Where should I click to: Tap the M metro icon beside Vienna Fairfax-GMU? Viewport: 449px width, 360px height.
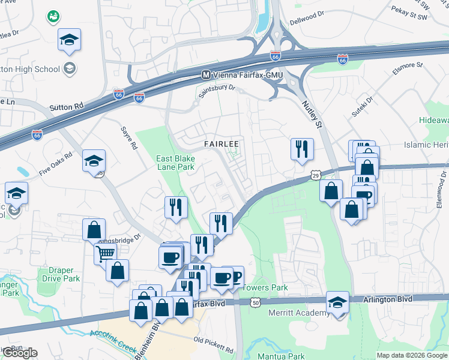(x=206, y=74)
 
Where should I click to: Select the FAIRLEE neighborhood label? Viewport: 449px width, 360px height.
(x=221, y=144)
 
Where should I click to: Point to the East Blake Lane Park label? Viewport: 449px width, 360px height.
(x=175, y=163)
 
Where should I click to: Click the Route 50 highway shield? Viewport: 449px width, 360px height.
(x=256, y=302)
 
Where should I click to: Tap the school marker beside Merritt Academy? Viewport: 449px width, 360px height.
(x=337, y=301)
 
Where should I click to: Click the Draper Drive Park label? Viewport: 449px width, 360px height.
(x=61, y=275)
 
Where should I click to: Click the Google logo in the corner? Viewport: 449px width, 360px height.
(x=20, y=353)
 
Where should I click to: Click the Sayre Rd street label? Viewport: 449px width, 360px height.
(x=129, y=137)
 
